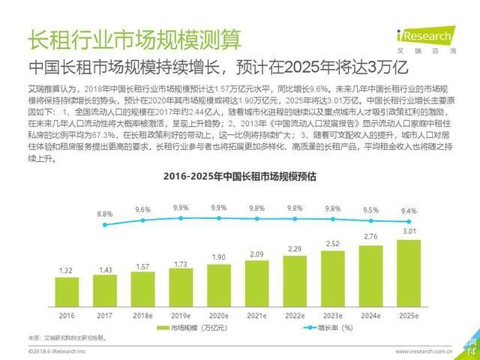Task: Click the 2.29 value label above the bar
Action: point(295,247)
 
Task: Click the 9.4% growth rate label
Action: point(409,211)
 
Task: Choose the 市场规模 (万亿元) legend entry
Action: point(188,328)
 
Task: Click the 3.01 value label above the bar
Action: point(409,232)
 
